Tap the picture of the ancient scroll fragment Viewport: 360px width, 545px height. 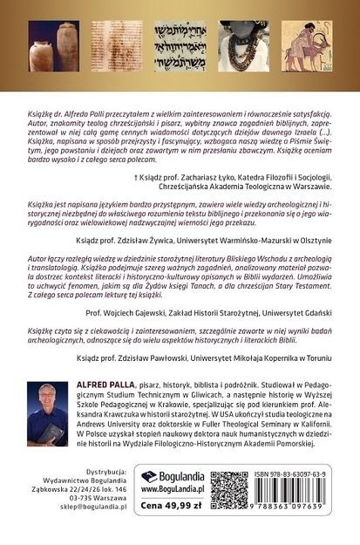pos(112,44)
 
